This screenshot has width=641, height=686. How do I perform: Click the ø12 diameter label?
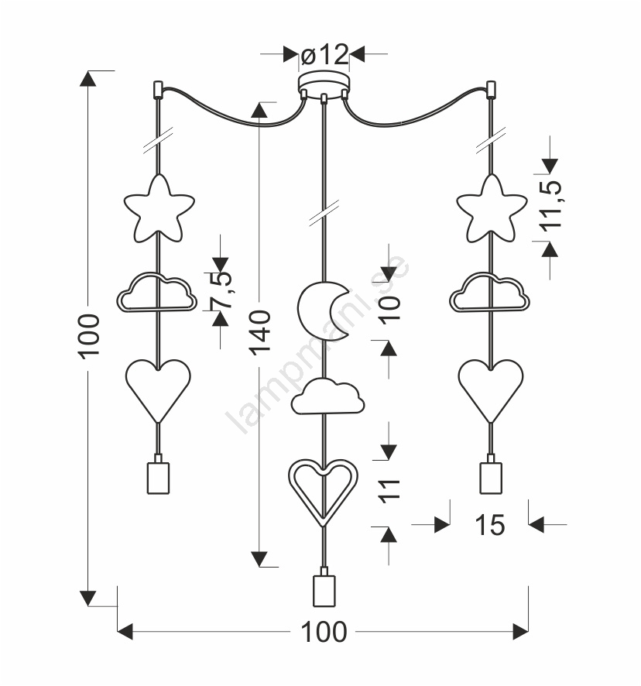pos(324,55)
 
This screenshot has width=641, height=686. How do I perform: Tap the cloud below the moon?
pos(328,396)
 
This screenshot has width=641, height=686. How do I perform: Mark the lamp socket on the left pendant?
pos(158,476)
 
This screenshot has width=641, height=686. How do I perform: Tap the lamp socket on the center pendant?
pos(324,591)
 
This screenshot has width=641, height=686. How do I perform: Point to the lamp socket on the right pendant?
pos(490,476)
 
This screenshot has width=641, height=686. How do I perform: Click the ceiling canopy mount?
pos(324,83)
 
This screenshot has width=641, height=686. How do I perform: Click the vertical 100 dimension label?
pos(90,335)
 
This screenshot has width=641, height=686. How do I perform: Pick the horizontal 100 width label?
pos(324,633)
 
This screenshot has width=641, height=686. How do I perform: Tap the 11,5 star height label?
pos(550,206)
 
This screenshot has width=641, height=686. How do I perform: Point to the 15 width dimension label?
pos(489,525)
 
